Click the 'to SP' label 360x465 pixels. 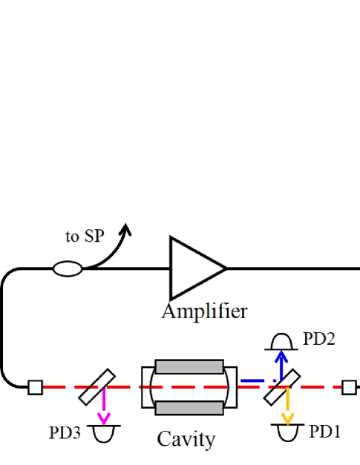[85, 237]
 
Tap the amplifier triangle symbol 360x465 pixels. [194, 268]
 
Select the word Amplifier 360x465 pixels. [204, 310]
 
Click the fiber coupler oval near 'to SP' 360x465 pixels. [68, 268]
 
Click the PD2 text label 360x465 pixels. [319, 340]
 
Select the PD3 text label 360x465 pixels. [65, 432]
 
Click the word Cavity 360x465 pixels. [186, 439]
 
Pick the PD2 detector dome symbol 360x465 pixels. [280, 342]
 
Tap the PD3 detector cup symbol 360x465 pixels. [104, 432]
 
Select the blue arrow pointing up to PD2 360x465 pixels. [281, 365]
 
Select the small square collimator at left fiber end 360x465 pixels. [35, 387]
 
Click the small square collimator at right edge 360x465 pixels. [349, 387]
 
